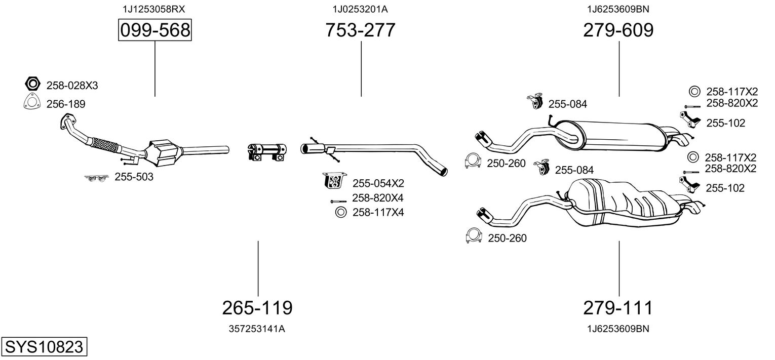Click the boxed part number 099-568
tap(155, 31)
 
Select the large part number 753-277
tap(361, 31)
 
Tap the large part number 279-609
tap(618, 31)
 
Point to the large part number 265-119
tap(257, 307)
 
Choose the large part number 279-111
tap(618, 307)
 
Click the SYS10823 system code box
tap(44, 347)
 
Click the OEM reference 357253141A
tap(257, 329)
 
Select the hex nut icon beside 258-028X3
tap(32, 84)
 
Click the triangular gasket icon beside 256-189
tap(32, 102)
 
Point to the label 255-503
tap(134, 177)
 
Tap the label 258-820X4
tap(377, 197)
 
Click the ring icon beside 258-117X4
tap(340, 212)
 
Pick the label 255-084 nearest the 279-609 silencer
tap(567, 104)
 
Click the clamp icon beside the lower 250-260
tap(473, 236)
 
